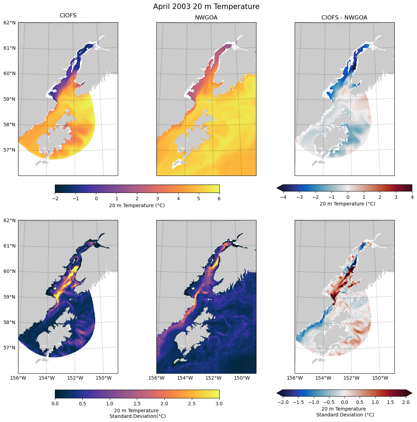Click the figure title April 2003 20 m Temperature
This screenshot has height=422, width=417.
point(206,7)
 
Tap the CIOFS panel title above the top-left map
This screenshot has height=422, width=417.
point(68,16)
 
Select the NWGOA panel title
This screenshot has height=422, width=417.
point(206,17)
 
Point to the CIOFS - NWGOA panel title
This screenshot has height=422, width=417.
point(344,17)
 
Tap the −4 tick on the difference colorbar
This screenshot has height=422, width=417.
point(283,197)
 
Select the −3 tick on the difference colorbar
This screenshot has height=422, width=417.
point(299,197)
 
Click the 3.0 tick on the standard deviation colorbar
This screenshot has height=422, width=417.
point(219,404)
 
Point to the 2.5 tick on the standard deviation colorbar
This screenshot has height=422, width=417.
point(192,404)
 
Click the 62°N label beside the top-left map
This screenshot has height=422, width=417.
point(9,23)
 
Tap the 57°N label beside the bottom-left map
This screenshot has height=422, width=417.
point(9,348)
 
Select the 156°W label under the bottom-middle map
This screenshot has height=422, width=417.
point(156,378)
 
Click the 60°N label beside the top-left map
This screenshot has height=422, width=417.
point(9,73)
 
